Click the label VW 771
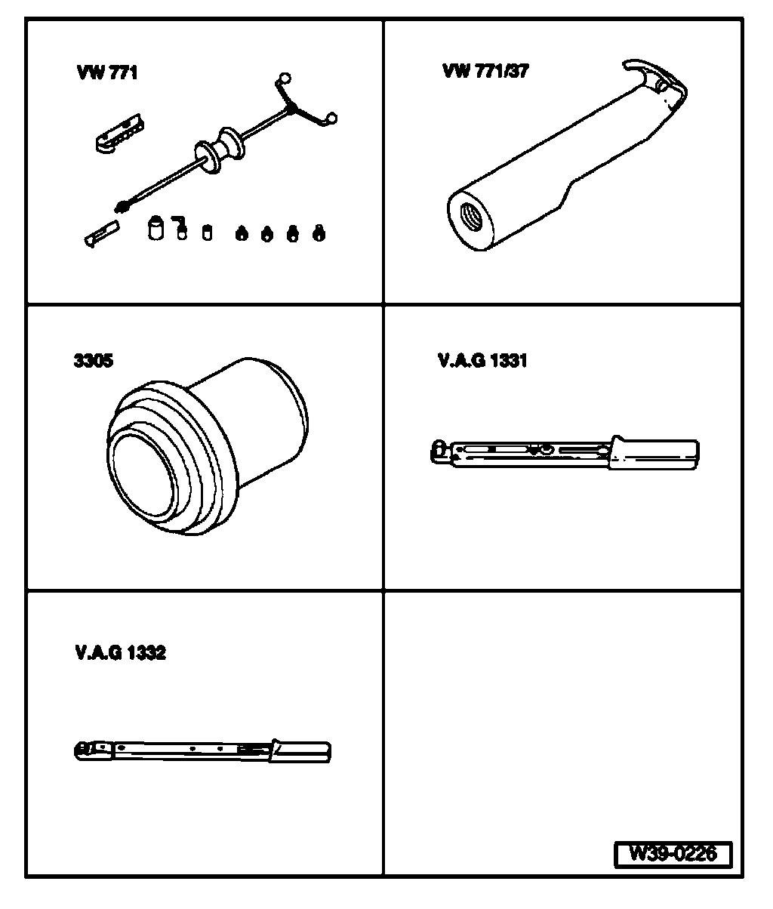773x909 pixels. pyautogui.click(x=106, y=73)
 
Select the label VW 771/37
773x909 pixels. pyautogui.click(x=485, y=72)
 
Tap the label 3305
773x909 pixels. pyautogui.click(x=94, y=360)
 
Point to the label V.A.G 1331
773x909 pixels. pyautogui.click(x=482, y=360)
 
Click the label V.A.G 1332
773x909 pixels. pyautogui.click(x=120, y=652)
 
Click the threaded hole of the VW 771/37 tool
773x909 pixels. pyautogui.click(x=467, y=216)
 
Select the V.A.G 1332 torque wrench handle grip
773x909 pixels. pyautogui.click(x=302, y=750)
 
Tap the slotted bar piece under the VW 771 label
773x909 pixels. pyautogui.click(x=119, y=133)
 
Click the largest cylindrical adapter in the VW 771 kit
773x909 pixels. pyautogui.click(x=156, y=227)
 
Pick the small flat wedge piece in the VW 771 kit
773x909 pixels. pyautogui.click(x=100, y=234)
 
